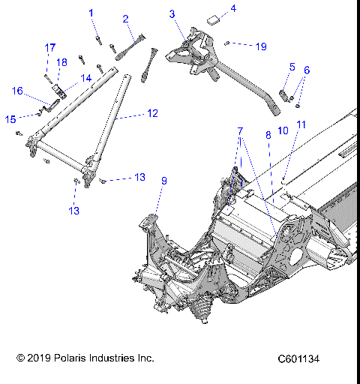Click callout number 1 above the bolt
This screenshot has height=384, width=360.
(91, 13)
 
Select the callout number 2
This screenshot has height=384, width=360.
(126, 19)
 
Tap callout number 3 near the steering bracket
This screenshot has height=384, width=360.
(172, 13)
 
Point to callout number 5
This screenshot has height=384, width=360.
(292, 67)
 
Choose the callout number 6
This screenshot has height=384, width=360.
(306, 70)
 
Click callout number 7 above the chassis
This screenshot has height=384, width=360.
(240, 130)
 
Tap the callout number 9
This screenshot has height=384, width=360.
(164, 180)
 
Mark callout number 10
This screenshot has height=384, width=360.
(283, 130)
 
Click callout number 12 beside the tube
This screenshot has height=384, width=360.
(152, 113)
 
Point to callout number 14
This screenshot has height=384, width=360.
(86, 77)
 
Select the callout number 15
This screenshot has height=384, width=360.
(10, 118)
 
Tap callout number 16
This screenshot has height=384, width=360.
(17, 91)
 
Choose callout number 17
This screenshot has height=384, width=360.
(50, 47)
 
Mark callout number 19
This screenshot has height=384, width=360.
(261, 46)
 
